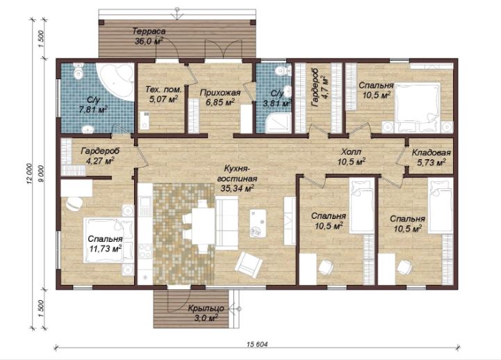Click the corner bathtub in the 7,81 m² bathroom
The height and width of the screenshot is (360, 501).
coord(117,80)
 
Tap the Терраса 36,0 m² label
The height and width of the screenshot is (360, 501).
coord(149,36)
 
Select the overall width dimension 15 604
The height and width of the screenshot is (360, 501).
coord(257,344)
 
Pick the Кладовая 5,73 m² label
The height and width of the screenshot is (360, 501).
coord(431,158)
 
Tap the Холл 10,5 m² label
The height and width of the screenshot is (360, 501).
coord(352,156)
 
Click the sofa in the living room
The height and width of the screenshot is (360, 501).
coord(227,223)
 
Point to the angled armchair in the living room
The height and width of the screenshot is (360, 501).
coord(249,263)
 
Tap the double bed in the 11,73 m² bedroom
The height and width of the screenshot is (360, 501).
coord(108,240)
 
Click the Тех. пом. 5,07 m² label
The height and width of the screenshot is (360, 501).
coord(163,95)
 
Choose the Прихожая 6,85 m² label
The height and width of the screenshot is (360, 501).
coord(220,97)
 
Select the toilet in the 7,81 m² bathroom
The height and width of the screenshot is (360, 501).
coord(79,71)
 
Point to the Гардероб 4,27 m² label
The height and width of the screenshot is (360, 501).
coord(100,156)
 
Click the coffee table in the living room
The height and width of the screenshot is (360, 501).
coord(258,223)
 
